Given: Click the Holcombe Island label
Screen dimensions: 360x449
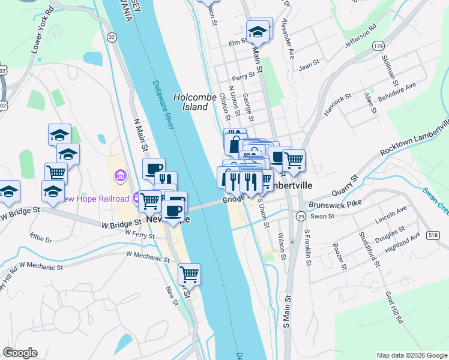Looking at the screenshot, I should [x=190, y=101].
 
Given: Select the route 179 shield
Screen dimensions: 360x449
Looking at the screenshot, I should [x=378, y=46].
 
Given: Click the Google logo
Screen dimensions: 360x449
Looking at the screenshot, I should [x=20, y=353].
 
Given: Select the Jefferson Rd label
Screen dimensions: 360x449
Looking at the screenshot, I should [x=360, y=37].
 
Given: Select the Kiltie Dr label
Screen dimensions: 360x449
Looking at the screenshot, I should [x=41, y=239].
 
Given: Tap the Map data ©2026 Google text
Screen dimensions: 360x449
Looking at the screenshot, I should [x=411, y=355].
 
